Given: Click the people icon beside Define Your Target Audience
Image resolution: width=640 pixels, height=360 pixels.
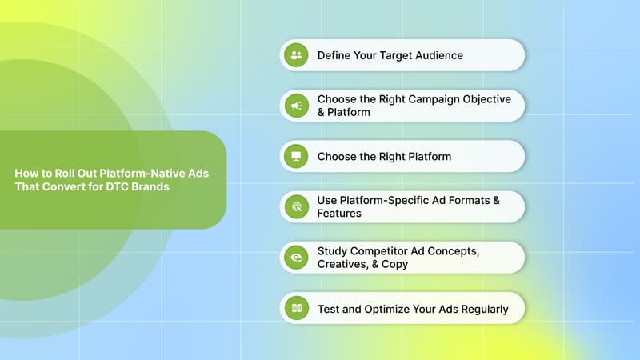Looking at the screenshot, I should click(296, 55).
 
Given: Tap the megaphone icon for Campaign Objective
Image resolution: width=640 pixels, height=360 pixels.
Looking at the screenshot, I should click(296, 106).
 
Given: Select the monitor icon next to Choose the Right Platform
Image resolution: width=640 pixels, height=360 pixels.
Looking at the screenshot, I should click(296, 156).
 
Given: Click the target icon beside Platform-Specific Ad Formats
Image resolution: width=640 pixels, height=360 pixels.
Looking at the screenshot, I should click(296, 206).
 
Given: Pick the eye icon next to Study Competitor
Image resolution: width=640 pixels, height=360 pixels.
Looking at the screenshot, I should click(296, 257).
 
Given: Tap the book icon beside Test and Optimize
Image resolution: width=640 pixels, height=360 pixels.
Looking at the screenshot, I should click(296, 308).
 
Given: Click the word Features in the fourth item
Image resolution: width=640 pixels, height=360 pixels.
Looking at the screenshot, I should click(339, 214).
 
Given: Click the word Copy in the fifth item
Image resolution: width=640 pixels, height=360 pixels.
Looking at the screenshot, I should click(394, 264).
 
